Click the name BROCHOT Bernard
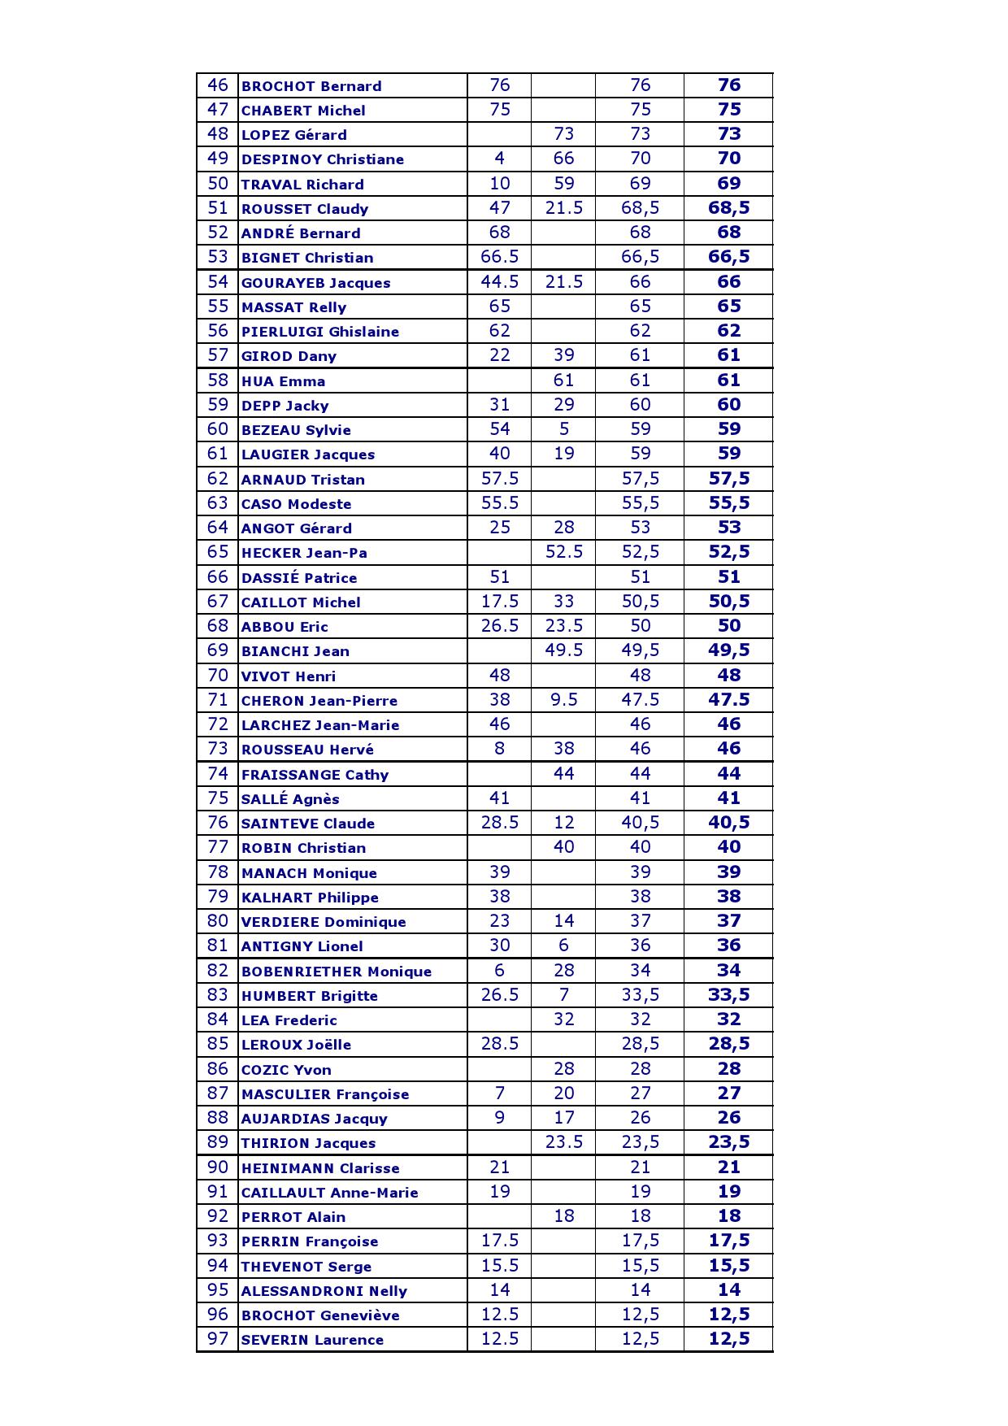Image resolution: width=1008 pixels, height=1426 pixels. (311, 86)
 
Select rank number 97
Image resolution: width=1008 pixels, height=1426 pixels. (218, 1338)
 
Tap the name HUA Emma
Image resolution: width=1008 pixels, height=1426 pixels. (283, 381)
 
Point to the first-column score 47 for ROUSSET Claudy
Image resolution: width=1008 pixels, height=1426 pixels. (499, 208)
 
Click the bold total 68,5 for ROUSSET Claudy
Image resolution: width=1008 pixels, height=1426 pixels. (728, 208)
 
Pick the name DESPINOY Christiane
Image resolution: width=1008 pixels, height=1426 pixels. (322, 159)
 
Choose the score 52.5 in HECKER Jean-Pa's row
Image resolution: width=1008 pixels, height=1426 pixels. (563, 552)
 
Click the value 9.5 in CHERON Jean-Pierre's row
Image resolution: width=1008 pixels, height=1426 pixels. (563, 699)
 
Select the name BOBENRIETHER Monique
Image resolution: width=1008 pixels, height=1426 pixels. (336, 972)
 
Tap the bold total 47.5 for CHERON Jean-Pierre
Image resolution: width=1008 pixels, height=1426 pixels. (728, 699)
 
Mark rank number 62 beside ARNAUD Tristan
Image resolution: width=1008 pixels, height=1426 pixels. (218, 478)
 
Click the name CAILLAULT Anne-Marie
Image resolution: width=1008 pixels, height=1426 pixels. (329, 1193)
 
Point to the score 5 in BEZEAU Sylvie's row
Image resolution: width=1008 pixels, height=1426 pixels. (563, 429)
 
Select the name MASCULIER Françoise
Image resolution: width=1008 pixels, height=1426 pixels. (324, 1094)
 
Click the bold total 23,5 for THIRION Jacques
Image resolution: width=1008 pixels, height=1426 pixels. (728, 1142)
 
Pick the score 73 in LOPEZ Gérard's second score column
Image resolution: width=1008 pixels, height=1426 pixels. (563, 134)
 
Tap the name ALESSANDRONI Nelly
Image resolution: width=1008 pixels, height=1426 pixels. (324, 1291)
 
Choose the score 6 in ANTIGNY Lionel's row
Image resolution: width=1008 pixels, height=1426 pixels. (563, 946)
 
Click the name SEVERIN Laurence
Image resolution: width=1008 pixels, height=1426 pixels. (312, 1340)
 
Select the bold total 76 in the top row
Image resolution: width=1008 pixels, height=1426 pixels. (728, 85)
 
